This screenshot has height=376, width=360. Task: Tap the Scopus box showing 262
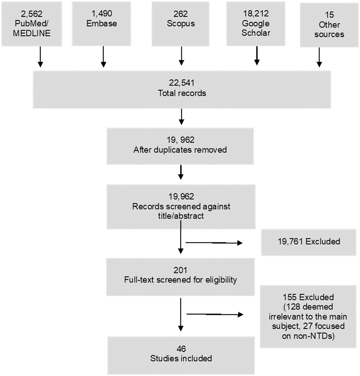point(181,23)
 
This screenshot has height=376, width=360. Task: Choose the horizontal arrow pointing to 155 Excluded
point(214,314)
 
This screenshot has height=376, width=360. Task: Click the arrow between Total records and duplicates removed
point(181,116)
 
